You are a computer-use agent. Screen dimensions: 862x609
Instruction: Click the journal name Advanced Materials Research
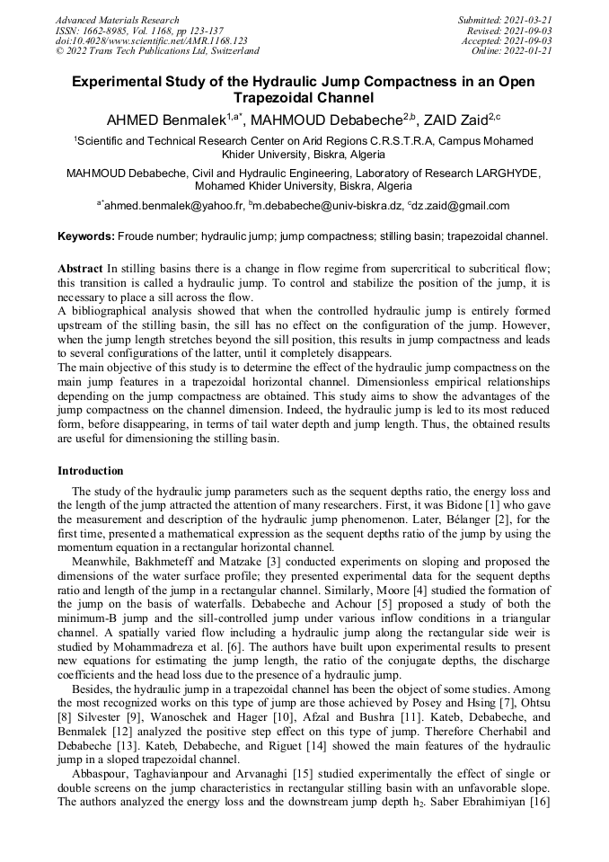point(117,20)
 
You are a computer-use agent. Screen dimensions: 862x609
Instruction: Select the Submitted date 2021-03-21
point(507,20)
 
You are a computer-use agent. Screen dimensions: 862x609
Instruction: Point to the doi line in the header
point(151,41)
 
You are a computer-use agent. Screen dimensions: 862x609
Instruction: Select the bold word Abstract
point(80,269)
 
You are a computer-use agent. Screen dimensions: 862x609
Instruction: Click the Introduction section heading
point(91,471)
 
